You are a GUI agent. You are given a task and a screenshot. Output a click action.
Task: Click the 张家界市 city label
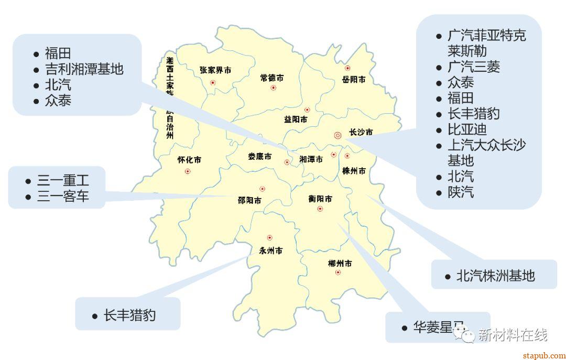coord(215,70)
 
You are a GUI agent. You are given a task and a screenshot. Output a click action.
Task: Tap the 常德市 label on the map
coord(272,78)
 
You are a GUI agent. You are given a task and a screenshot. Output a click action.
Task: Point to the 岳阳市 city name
coord(354,80)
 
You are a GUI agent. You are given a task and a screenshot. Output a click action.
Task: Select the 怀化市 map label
coord(189,160)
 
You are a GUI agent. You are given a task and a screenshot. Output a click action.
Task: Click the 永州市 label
coord(271,250)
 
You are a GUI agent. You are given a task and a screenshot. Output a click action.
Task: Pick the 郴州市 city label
coord(340,263)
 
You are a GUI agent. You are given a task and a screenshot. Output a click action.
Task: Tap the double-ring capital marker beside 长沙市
coord(338,135)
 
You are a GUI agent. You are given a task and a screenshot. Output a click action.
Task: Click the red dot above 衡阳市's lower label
coord(320,209)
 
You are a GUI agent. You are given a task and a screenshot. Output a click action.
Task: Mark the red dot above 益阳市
coord(307,110)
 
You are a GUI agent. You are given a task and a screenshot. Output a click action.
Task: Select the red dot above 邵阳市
coord(262,189)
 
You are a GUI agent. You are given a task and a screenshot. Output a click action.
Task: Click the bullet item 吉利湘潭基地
coord(84,69)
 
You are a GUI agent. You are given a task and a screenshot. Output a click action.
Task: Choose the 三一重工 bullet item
coord(63,181)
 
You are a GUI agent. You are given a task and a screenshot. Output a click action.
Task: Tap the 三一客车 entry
coord(63,197)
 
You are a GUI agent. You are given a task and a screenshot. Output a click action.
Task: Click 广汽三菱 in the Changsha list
coord(474,67)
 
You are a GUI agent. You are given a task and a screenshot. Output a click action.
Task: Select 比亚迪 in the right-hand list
coord(467,129)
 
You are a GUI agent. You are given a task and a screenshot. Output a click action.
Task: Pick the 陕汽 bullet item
coord(461,192)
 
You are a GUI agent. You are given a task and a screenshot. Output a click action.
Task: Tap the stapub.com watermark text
coord(545,356)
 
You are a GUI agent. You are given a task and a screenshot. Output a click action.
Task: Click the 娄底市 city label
coord(260,157)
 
